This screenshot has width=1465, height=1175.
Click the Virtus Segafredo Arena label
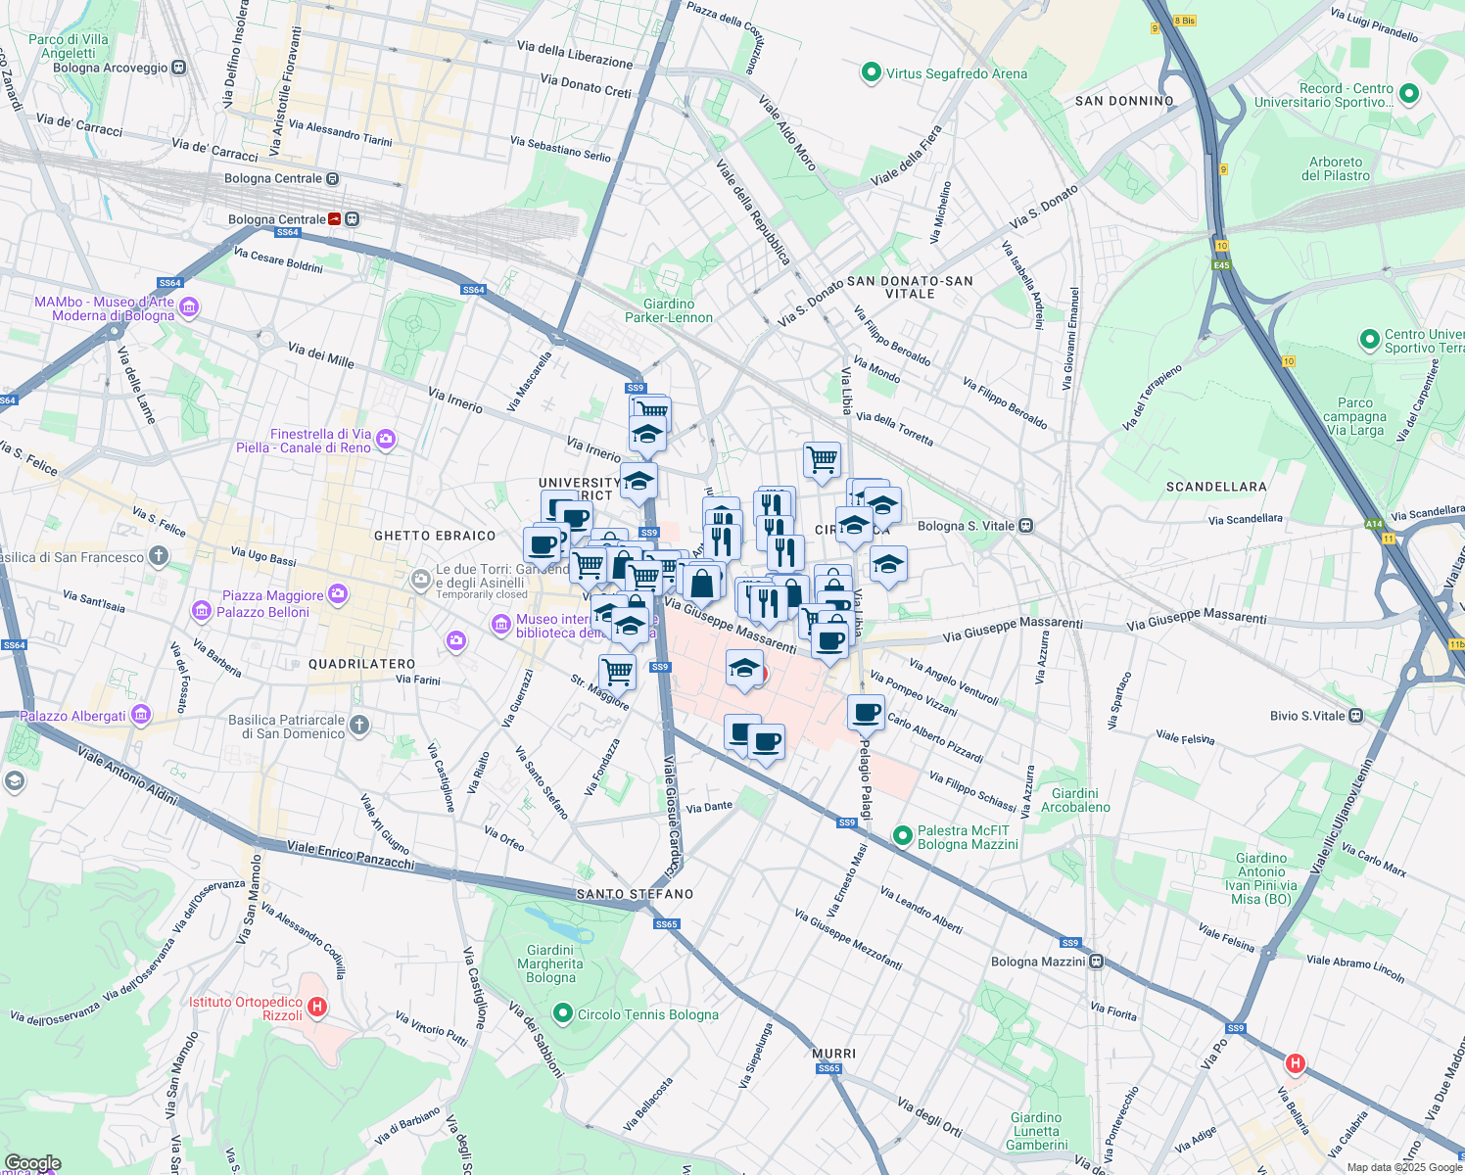(956, 73)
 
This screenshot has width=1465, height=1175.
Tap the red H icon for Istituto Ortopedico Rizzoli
(316, 1007)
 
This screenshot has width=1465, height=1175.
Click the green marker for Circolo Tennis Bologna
(563, 1013)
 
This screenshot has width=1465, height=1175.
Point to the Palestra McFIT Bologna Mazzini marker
(902, 835)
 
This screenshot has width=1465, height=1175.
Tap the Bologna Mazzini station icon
(1097, 962)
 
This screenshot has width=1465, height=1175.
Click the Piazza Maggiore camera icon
(338, 594)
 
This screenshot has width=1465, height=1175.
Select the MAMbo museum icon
(189, 307)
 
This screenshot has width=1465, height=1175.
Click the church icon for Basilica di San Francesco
(159, 557)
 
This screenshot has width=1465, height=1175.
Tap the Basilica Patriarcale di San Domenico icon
(359, 726)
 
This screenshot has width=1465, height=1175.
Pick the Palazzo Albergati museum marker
(141, 714)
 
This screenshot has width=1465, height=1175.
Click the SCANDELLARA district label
(1216, 487)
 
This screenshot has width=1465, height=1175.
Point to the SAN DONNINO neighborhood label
(1124, 101)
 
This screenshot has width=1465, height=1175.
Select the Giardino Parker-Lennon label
(669, 310)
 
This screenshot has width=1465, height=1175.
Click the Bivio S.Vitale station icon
(1355, 716)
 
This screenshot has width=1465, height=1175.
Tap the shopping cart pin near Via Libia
(822, 458)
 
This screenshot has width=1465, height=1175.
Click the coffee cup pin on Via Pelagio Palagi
(866, 712)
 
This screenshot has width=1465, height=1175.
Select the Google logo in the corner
(32, 1163)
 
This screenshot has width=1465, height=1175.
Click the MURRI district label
(833, 1054)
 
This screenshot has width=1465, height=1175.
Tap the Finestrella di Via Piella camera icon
(385, 440)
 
